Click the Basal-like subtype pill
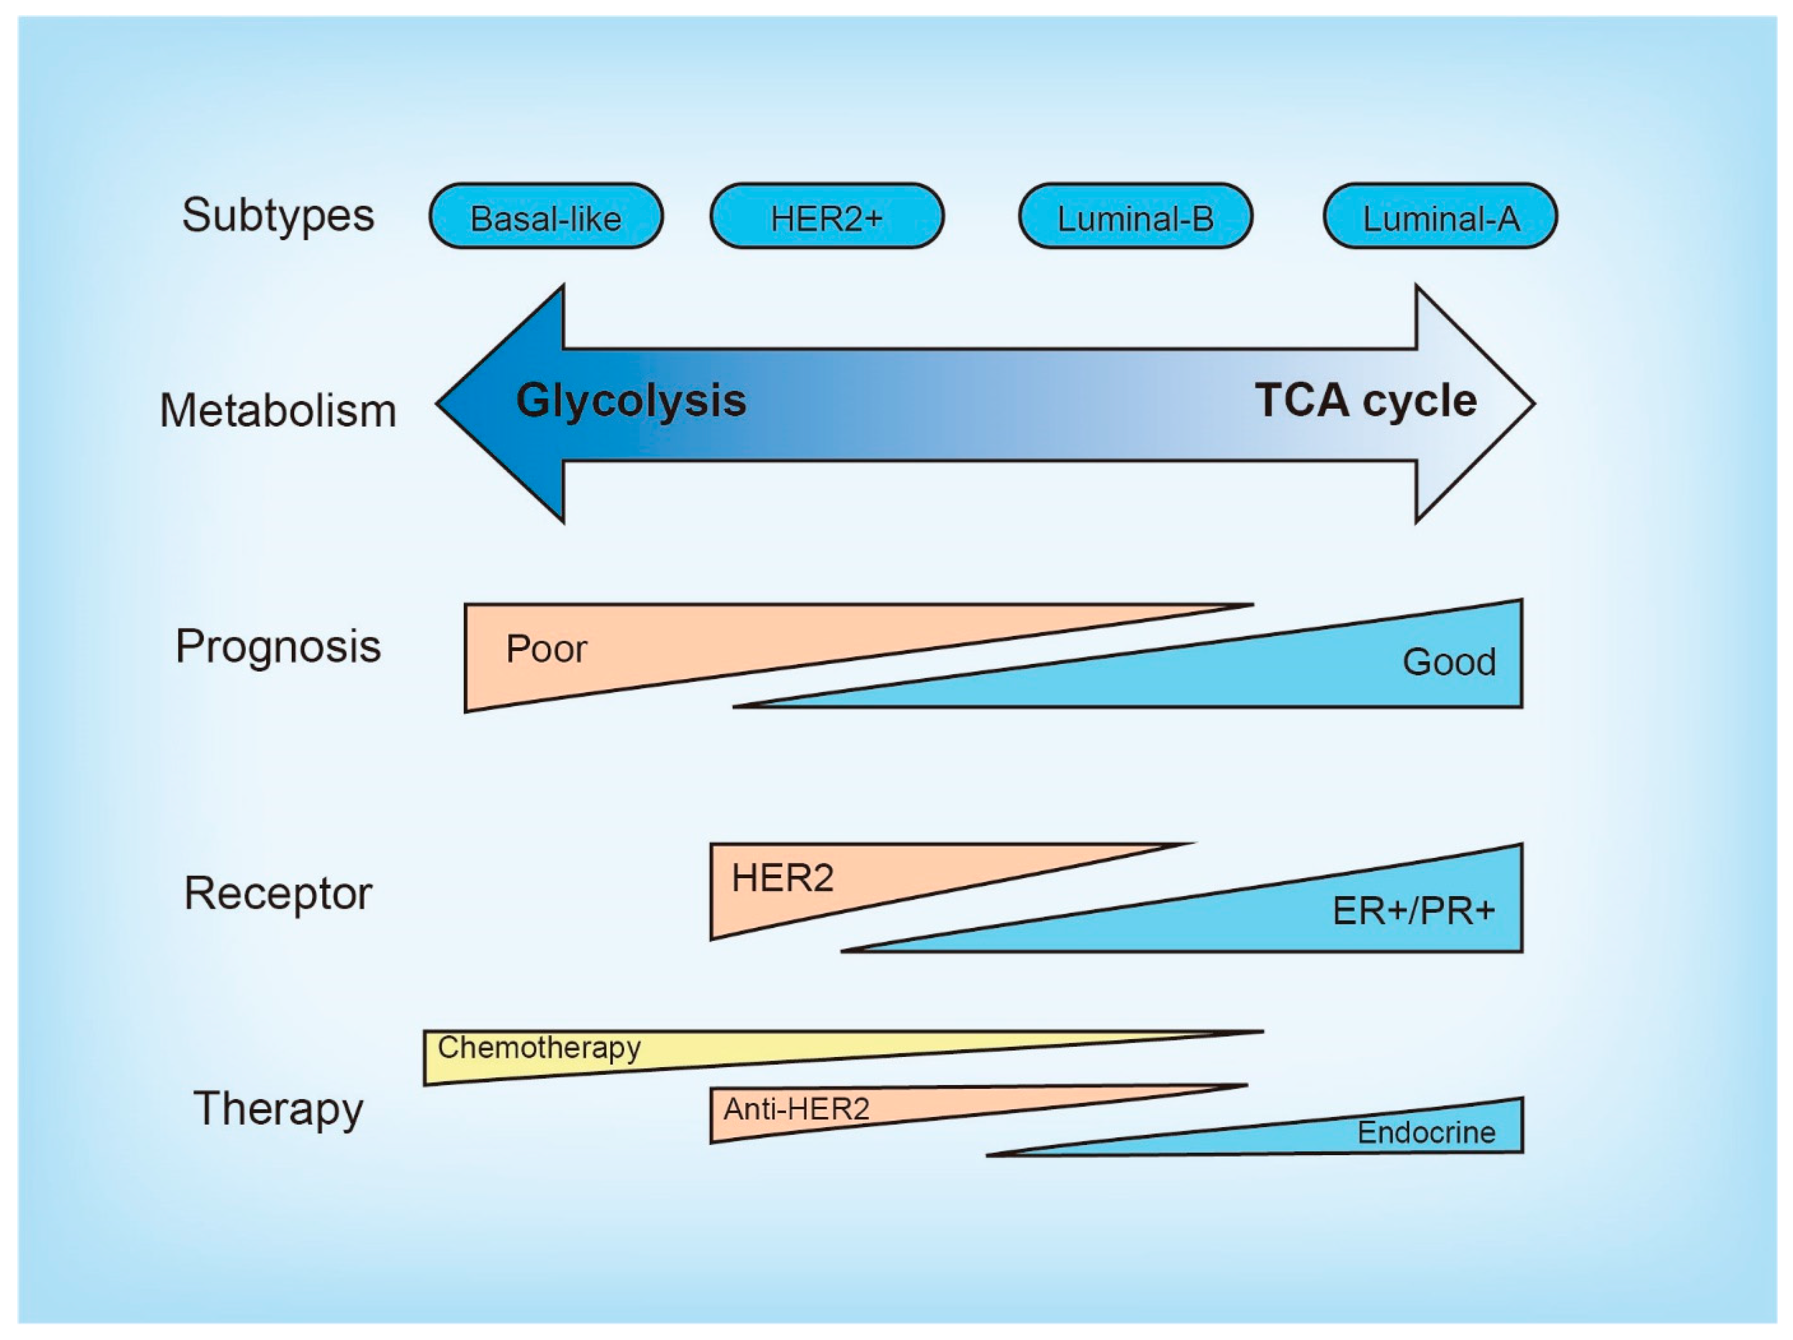[x=546, y=216]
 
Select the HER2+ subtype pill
[x=827, y=216]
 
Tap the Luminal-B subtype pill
[x=1136, y=216]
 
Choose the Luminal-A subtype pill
[x=1440, y=216]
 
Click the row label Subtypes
[x=278, y=216]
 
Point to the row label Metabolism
[x=278, y=410]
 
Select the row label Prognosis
[x=278, y=648]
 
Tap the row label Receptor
[x=278, y=894]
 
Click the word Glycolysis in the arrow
[x=631, y=401]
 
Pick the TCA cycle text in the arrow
[x=1366, y=401]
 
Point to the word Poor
[x=546, y=649]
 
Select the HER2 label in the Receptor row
[x=782, y=878]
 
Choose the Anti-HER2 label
[x=796, y=1109]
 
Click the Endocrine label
[x=1426, y=1132]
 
